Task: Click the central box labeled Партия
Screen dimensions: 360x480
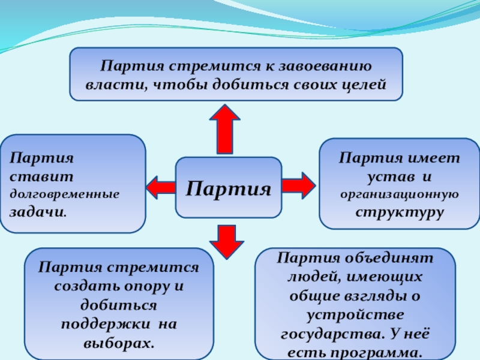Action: [x=229, y=187]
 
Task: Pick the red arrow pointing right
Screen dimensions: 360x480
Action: [x=298, y=185]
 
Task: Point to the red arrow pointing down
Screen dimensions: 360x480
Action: [x=227, y=242]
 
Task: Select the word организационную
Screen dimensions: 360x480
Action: [x=399, y=194]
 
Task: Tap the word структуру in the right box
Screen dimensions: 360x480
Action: [x=398, y=212]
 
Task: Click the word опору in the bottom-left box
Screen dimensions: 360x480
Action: [x=145, y=284]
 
